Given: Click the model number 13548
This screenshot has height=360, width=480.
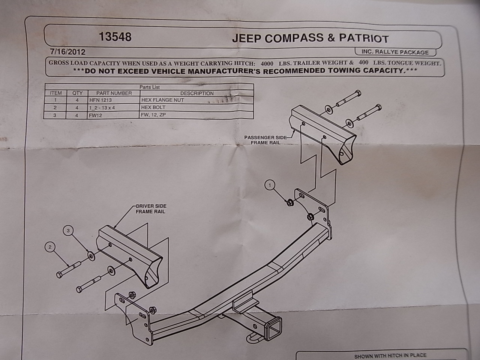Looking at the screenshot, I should (115, 37).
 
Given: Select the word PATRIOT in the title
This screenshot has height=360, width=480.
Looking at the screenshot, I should (364, 38).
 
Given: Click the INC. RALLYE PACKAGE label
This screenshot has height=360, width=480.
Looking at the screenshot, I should (395, 52).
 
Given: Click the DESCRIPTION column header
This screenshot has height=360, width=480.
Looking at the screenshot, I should (197, 93).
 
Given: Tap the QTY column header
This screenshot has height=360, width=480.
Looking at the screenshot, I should (77, 93).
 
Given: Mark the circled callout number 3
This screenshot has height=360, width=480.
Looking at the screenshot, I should (68, 231).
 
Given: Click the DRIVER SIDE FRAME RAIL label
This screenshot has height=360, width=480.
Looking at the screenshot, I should (151, 209).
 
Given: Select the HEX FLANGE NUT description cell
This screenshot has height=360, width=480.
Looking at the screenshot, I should (163, 100).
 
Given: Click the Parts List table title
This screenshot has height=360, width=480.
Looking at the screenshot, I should (150, 87).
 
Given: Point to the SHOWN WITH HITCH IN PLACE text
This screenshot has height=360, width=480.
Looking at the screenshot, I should (390, 355).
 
